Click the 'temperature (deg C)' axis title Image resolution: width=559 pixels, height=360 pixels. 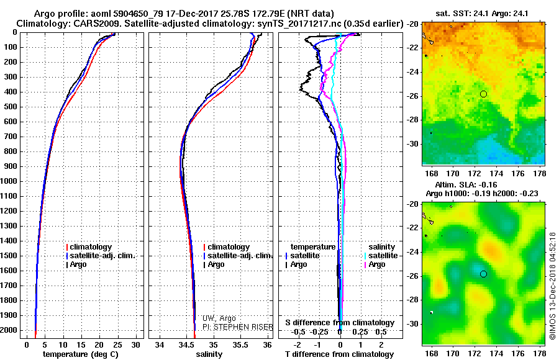(x=80, y=354)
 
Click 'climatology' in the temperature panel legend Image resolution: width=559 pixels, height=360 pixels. (x=91, y=247)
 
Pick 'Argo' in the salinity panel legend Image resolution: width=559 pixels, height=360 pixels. (x=216, y=264)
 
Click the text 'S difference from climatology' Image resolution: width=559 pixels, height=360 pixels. (x=340, y=323)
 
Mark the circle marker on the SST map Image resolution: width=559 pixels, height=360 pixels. (x=483, y=94)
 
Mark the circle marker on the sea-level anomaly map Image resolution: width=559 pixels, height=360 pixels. (x=483, y=274)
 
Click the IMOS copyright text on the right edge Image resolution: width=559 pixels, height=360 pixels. (x=553, y=286)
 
